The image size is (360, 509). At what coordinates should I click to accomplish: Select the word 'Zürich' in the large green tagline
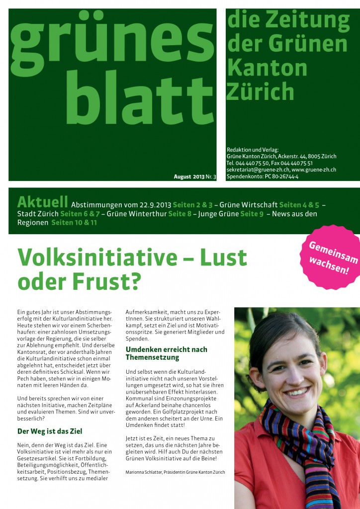pos(260,91)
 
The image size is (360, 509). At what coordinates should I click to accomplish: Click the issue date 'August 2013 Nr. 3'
pos(195,177)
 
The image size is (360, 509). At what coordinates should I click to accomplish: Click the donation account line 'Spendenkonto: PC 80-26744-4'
pos(262,176)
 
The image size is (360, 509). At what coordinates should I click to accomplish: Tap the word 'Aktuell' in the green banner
pos(42,202)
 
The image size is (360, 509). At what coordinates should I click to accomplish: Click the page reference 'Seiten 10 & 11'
pos(74,223)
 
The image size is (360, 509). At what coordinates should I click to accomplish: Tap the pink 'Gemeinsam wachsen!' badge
pos(329,257)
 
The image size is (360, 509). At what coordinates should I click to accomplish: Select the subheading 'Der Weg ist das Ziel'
pos(50,431)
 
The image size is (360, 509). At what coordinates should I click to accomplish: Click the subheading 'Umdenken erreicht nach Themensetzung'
pos(166,353)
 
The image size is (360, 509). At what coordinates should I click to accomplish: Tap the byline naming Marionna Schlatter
pos(175,472)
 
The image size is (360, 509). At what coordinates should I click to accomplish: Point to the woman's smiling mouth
pos(297,392)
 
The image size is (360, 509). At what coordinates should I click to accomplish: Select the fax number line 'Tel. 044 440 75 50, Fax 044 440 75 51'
pos(270,163)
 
